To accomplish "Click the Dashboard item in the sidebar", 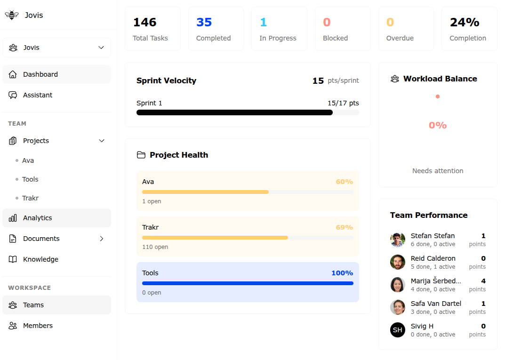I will pyautogui.click(x=40, y=74).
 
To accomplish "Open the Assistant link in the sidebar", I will pyautogui.click(x=38, y=95).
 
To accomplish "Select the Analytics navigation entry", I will pyautogui.click(x=37, y=218).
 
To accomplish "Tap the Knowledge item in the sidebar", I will pyautogui.click(x=40, y=259).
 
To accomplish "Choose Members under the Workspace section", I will pyautogui.click(x=38, y=326).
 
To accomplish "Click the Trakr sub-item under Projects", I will pyautogui.click(x=30, y=198).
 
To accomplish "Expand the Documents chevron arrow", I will pyautogui.click(x=102, y=239).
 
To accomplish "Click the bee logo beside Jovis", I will pyautogui.click(x=12, y=15).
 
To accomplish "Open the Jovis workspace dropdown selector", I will pyautogui.click(x=56, y=48).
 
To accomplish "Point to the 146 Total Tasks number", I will pyautogui.click(x=144, y=22).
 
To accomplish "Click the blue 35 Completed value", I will pyautogui.click(x=204, y=22).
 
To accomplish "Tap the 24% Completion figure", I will pyautogui.click(x=464, y=22).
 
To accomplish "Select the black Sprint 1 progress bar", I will pyautogui.click(x=234, y=112).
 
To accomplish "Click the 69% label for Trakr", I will pyautogui.click(x=344, y=227).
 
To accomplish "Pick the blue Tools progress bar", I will pyautogui.click(x=248, y=283).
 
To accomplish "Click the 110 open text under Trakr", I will pyautogui.click(x=155, y=247).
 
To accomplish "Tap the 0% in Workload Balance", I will pyautogui.click(x=438, y=125).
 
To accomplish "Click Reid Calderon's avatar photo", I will pyautogui.click(x=398, y=262).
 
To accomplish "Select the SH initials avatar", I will pyautogui.click(x=398, y=330).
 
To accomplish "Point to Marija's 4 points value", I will pyautogui.click(x=483, y=281).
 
